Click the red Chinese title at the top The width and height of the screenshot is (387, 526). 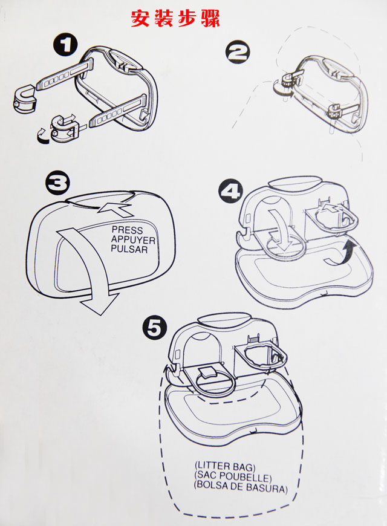click(x=176, y=19)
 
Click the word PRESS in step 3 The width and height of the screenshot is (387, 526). click(x=127, y=230)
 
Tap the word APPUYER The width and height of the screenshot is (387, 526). click(x=132, y=239)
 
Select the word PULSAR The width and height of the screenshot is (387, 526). click(x=129, y=248)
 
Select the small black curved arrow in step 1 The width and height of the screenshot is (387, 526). click(x=42, y=137)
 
